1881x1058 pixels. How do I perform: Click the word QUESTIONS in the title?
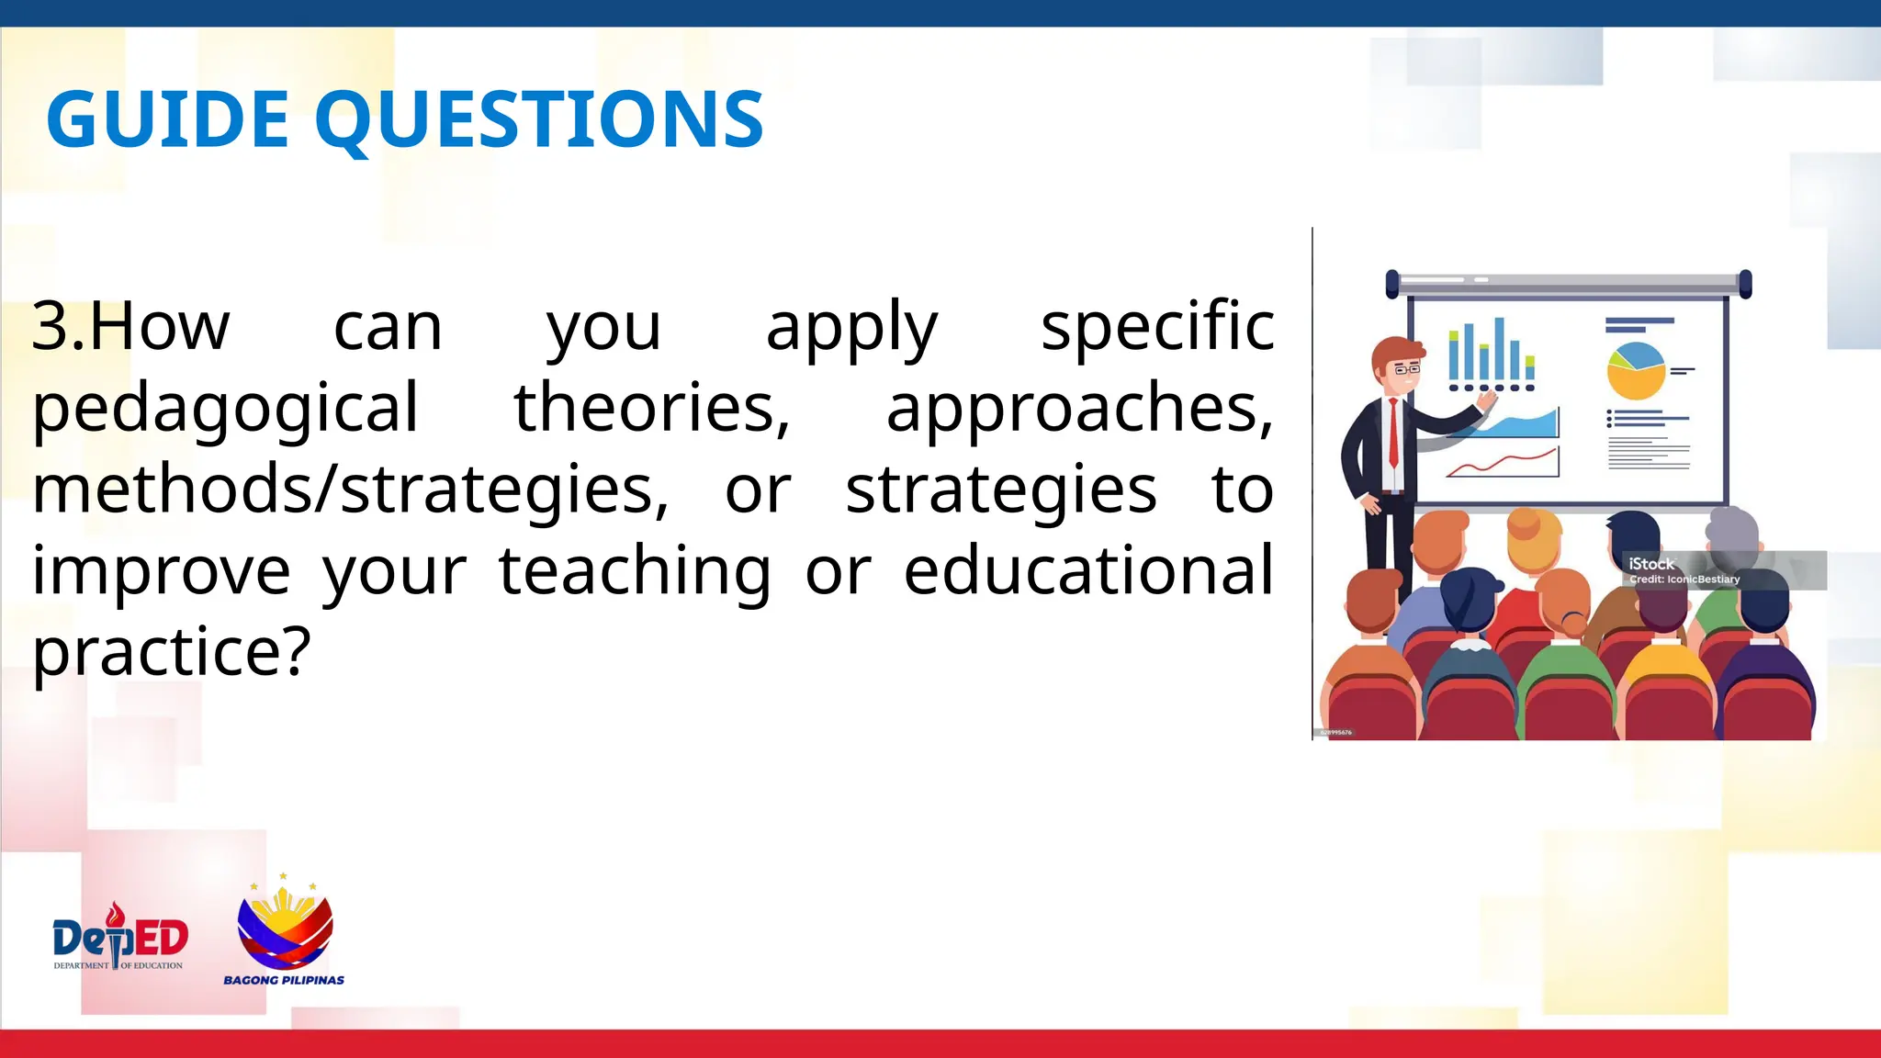pos(539,121)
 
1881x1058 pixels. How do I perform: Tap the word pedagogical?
pos(225,409)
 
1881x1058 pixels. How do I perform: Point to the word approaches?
pos(1078,409)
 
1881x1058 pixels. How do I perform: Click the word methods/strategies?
pos(350,490)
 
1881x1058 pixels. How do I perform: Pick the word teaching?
pos(634,571)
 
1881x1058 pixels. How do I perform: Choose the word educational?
pos(1088,569)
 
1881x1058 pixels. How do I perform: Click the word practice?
pos(171,652)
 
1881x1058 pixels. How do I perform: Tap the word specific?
pos(1156,327)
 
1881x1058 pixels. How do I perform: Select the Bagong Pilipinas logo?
pos(285,932)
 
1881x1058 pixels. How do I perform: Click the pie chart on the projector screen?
pos(1635,370)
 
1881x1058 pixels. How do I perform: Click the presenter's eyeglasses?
pos(1406,369)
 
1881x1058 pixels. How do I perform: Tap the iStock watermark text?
pos(1650,564)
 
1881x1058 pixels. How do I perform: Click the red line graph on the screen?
pos(1503,463)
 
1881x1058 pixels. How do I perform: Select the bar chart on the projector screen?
pos(1490,354)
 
